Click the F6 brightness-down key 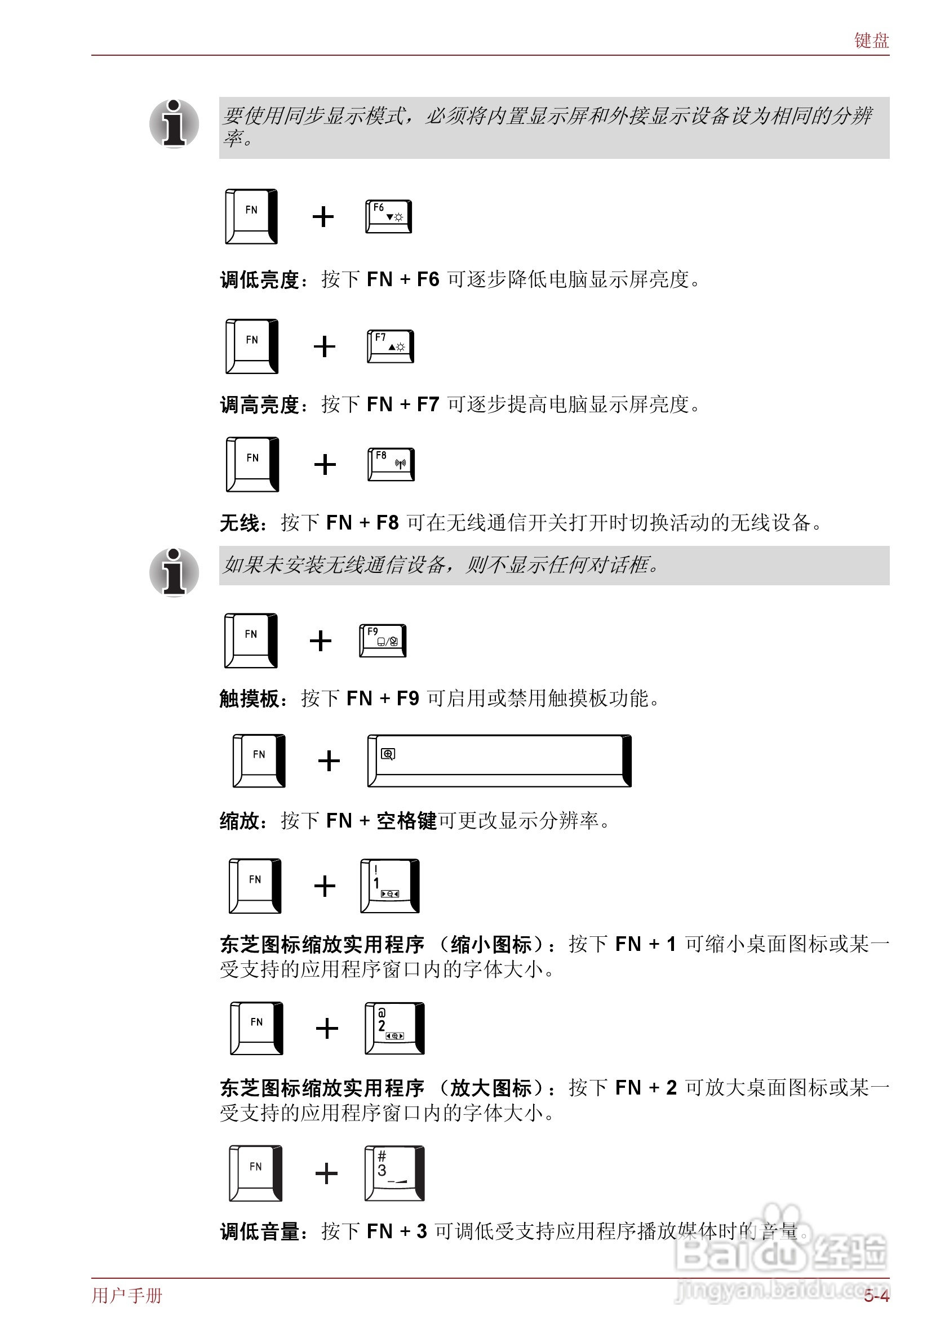tap(388, 216)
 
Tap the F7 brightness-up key tap(390, 346)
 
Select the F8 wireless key tap(391, 464)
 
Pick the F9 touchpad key tap(383, 641)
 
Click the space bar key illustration tap(499, 761)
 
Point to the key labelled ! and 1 tap(389, 886)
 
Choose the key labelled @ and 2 tap(394, 1028)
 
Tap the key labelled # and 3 tap(394, 1173)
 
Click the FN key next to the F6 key tap(251, 216)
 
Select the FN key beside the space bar tap(259, 761)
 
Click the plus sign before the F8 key tap(325, 465)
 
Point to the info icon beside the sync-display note tap(174, 123)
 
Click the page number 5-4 tap(876, 1296)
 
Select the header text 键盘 tap(871, 41)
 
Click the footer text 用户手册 tap(127, 1296)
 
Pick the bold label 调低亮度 tap(260, 279)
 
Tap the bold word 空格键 tap(407, 821)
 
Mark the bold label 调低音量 tap(260, 1232)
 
